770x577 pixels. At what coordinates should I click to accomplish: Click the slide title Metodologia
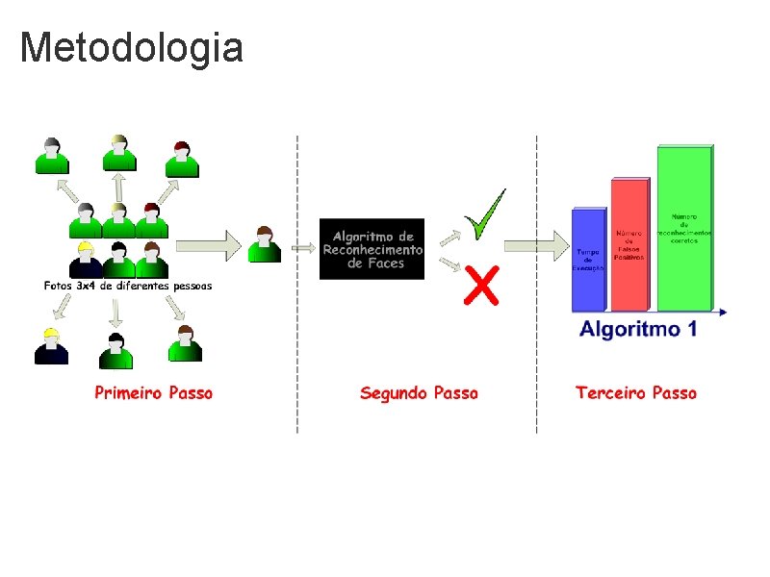[131, 47]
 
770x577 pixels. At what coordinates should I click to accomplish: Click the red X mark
[481, 285]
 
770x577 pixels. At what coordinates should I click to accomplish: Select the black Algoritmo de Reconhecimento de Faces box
[372, 249]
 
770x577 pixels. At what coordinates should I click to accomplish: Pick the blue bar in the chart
[588, 260]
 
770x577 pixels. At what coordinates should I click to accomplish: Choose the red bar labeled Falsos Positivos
[629, 245]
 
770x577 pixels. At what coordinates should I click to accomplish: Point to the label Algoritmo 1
[637, 329]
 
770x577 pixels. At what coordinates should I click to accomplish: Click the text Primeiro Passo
[153, 392]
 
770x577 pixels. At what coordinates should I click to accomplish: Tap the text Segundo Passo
[419, 392]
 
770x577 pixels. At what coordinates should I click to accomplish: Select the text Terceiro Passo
[635, 392]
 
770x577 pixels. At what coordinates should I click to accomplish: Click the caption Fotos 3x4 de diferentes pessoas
[128, 286]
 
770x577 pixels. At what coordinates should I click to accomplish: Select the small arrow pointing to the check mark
[449, 236]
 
